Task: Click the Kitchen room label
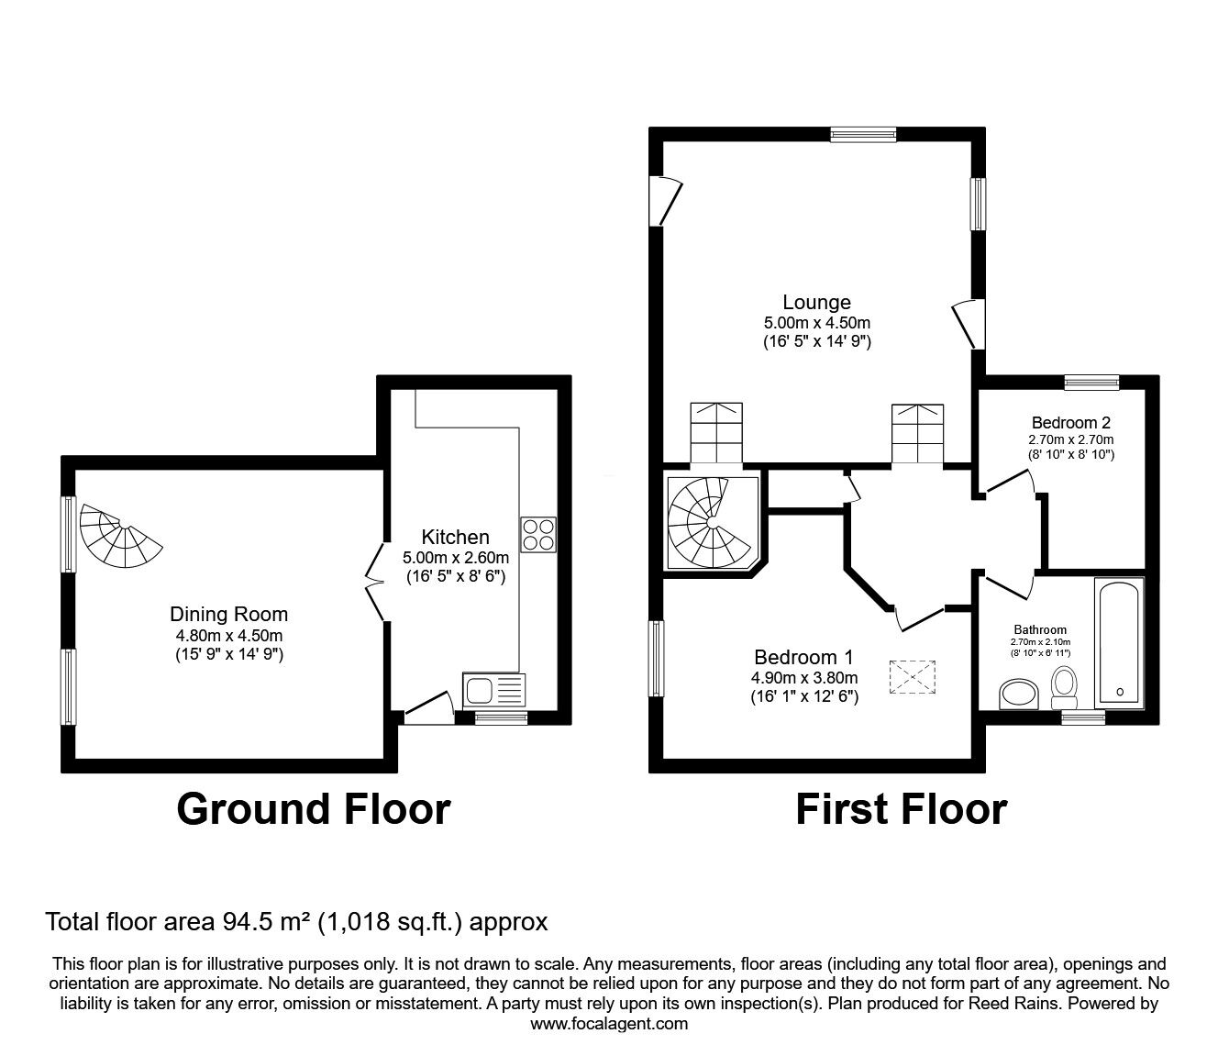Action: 455,537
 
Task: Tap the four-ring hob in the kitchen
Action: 538,535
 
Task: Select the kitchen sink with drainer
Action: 493,689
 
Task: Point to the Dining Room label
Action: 228,615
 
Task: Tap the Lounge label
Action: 816,302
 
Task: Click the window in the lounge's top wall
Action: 863,135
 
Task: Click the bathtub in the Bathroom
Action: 1119,642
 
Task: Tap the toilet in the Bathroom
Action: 1064,687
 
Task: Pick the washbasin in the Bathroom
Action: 1019,694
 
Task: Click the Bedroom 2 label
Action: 1070,422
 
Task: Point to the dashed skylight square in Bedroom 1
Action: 913,677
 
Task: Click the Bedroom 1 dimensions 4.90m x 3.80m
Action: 804,677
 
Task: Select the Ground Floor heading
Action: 314,809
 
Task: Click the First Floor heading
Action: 902,809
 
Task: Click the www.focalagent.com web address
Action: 609,1024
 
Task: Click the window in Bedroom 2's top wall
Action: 1092,382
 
